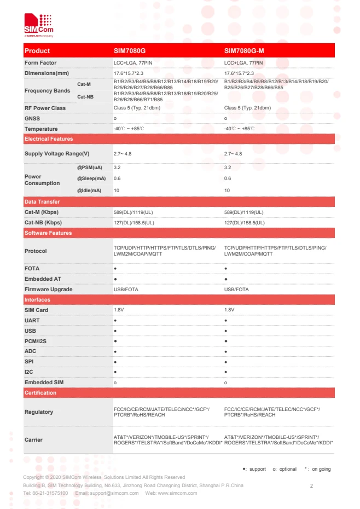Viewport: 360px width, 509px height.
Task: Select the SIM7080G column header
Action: click(x=130, y=51)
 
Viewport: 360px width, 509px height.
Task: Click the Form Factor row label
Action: click(x=40, y=63)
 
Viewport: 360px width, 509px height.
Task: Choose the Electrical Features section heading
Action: click(x=49, y=139)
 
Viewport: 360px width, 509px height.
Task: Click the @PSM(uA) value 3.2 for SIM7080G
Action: click(x=117, y=167)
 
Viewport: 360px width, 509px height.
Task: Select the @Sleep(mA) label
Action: click(x=91, y=178)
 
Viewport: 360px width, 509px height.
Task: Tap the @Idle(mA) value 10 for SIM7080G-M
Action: click(x=228, y=190)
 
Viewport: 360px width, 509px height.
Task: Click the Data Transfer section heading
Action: click(x=42, y=202)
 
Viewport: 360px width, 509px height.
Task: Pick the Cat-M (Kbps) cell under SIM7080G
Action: click(x=133, y=212)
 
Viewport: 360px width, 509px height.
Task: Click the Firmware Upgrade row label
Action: click(x=48, y=289)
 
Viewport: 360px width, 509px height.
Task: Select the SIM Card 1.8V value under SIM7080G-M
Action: click(x=229, y=310)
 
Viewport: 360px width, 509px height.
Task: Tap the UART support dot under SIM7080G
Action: click(x=115, y=320)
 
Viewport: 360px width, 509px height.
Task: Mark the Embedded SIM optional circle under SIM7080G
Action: click(x=115, y=383)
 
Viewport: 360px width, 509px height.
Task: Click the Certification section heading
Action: click(x=40, y=393)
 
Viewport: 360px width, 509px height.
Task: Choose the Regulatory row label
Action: click(x=39, y=412)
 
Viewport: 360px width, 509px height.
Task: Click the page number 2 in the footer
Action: click(x=311, y=485)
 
